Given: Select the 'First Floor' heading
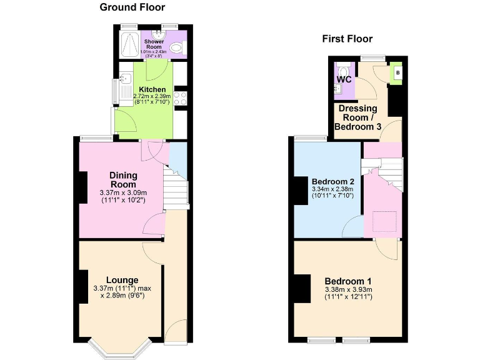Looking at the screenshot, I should click(x=347, y=39).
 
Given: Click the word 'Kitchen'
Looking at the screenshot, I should click(x=152, y=89).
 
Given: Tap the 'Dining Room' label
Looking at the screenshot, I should click(x=123, y=180).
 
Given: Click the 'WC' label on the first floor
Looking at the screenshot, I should click(x=344, y=80).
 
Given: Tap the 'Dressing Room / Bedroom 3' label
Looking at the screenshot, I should click(x=358, y=117).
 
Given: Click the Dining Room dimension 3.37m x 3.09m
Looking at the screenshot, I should click(x=123, y=193).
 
